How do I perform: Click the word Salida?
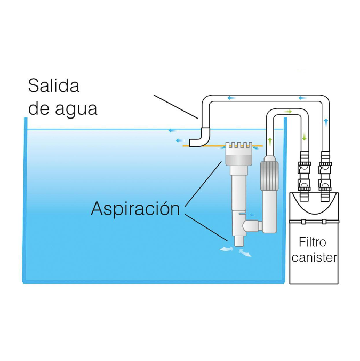pyautogui.click(x=53, y=85)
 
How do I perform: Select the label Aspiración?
pyautogui.click(x=135, y=208)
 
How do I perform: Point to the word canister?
pyautogui.click(x=315, y=258)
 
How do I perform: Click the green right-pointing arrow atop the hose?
pyautogui.click(x=288, y=112)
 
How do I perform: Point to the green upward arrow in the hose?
pyautogui.click(x=270, y=141)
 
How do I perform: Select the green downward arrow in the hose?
pyautogui.click(x=305, y=136)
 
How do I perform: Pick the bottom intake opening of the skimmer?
pyautogui.click(x=238, y=243)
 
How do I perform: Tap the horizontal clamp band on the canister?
pyautogui.click(x=315, y=221)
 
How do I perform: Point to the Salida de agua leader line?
pyautogui.click(x=177, y=107)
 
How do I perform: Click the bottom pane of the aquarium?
pyautogui.click(x=155, y=281)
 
